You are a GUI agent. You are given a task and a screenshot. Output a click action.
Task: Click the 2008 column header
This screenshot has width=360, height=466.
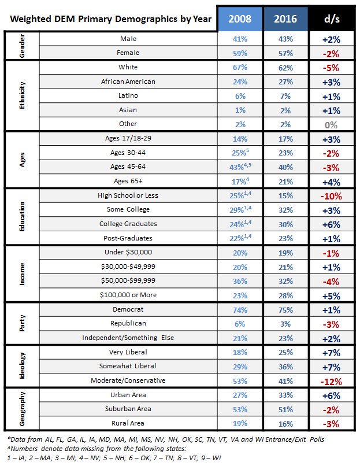tap(240, 19)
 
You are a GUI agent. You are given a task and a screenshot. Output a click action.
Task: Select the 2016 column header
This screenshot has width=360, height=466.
tap(285, 19)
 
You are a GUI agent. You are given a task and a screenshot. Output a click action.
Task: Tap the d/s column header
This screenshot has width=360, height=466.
tap(332, 19)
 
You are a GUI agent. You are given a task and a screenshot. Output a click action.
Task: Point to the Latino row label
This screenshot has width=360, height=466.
tap(128, 96)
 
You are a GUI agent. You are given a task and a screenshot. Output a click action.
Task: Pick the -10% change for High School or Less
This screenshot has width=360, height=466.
tap(332, 195)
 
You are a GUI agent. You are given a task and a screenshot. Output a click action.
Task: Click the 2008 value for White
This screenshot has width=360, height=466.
tap(240, 68)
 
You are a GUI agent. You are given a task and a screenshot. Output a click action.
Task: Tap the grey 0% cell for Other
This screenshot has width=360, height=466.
tap(332, 124)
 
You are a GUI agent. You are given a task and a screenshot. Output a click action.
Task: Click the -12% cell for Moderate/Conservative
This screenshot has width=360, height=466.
tap(332, 381)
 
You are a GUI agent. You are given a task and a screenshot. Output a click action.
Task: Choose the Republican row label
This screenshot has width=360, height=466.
tap(128, 324)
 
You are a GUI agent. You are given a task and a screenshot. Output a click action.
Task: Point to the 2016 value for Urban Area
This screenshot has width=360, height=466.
tap(285, 395)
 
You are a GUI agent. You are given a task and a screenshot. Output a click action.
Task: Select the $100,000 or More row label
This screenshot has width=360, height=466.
tap(128, 295)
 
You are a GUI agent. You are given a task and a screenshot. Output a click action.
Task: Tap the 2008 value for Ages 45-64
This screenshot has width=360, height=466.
tap(240, 167)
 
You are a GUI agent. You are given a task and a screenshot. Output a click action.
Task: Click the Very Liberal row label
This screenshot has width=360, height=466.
tap(128, 352)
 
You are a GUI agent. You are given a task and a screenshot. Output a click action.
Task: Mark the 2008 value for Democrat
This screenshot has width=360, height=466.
tap(240, 309)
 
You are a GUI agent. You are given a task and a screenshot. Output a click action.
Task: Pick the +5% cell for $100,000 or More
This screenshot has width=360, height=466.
tap(332, 295)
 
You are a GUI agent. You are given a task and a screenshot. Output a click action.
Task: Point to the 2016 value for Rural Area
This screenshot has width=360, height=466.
tap(285, 424)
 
